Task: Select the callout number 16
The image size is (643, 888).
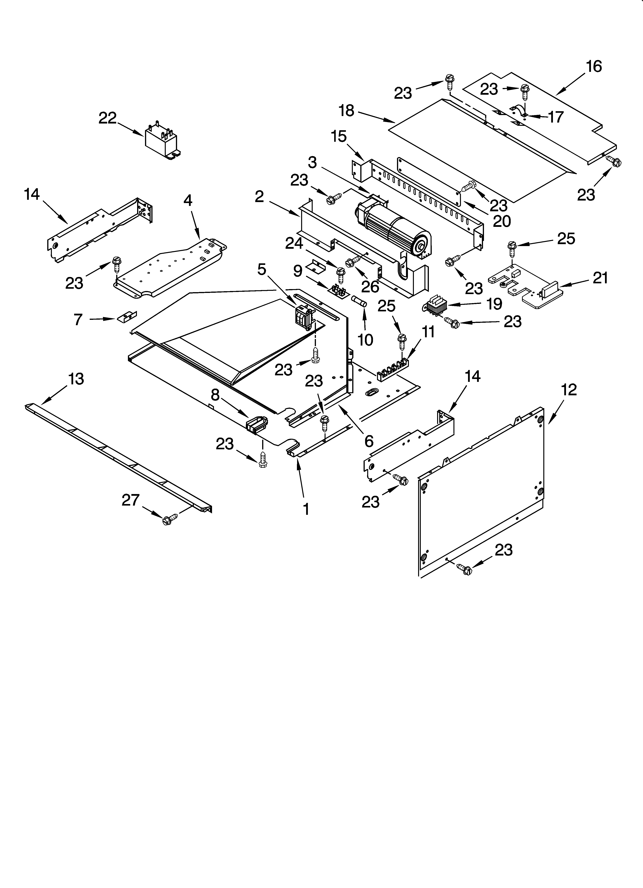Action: (x=594, y=67)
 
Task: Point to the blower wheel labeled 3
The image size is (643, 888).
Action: (x=395, y=233)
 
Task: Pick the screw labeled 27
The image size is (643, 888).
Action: (x=167, y=520)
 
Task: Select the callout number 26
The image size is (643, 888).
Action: (x=370, y=287)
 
